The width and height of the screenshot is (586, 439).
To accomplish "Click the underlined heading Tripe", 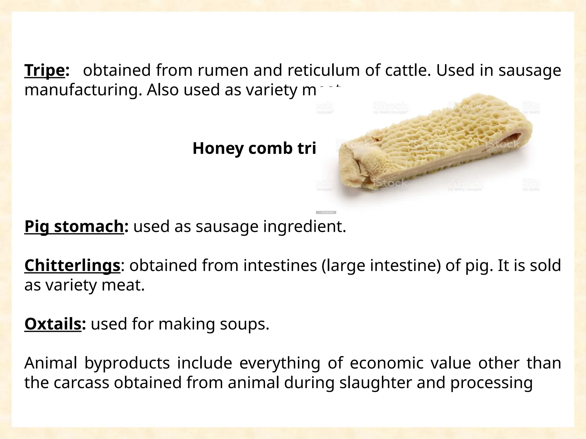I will (x=44, y=71).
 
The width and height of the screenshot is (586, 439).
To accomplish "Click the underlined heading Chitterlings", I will (x=72, y=266).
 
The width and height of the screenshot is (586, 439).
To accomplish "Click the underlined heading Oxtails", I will (x=53, y=324).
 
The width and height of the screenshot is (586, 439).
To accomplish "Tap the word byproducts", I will (x=127, y=364).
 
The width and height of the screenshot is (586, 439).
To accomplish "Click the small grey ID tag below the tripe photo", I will (x=326, y=212).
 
